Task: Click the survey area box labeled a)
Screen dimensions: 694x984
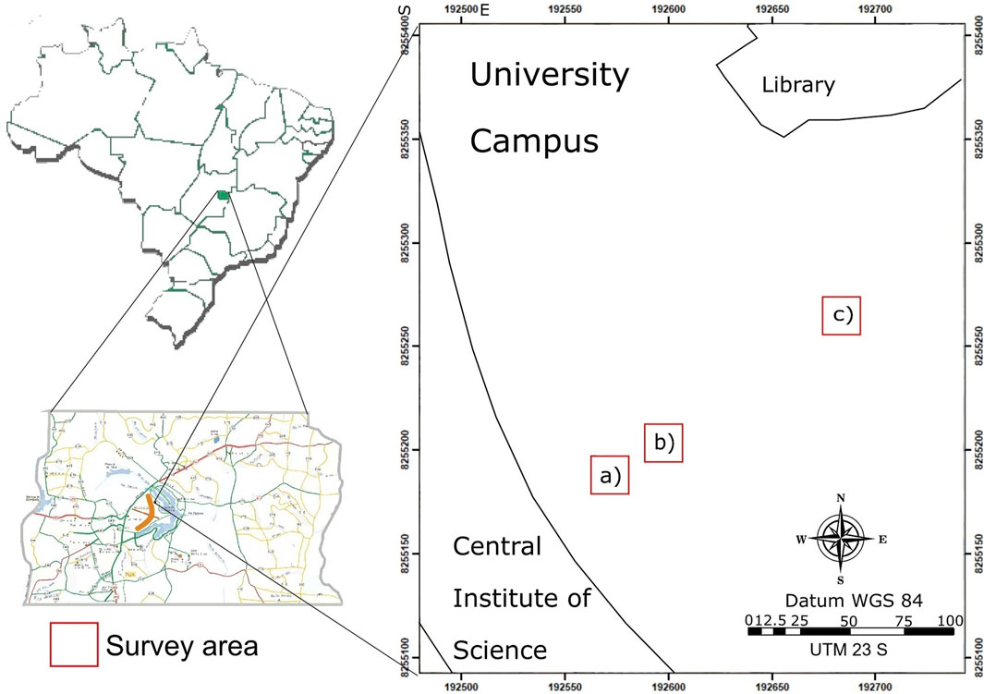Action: tap(610, 476)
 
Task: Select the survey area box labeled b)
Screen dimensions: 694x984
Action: tap(663, 443)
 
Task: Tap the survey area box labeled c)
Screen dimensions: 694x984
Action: tap(841, 316)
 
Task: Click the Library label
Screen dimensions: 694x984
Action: tap(798, 86)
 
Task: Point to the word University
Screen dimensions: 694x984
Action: tap(549, 76)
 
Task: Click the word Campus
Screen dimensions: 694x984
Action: tap(534, 141)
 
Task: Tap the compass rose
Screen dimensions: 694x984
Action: tap(841, 540)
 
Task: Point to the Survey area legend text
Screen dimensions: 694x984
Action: tap(182, 643)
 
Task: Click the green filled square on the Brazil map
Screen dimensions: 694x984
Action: tap(223, 196)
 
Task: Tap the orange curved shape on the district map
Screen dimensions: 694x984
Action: tap(146, 510)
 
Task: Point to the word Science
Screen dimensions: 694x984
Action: tap(500, 650)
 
